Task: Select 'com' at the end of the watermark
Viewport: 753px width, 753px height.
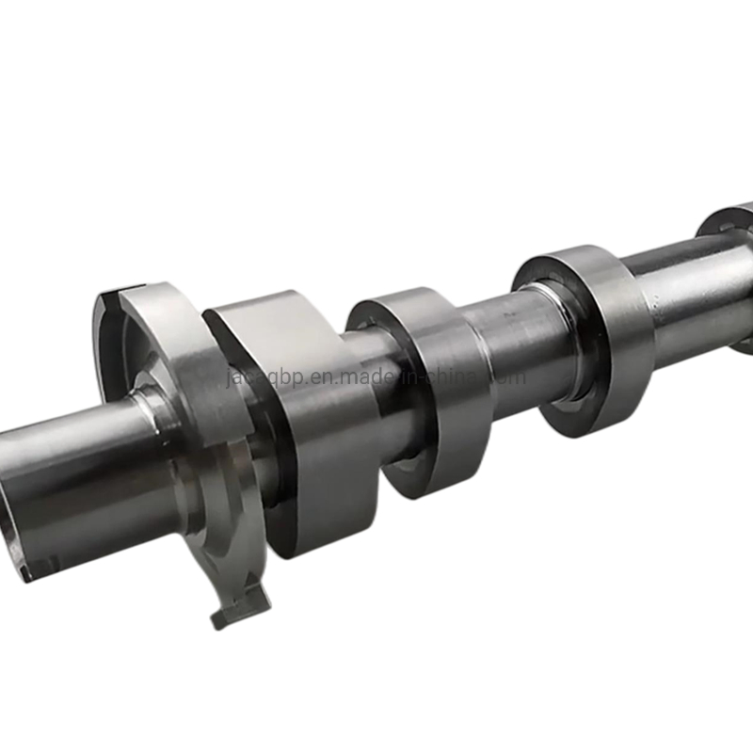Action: coord(508,376)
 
